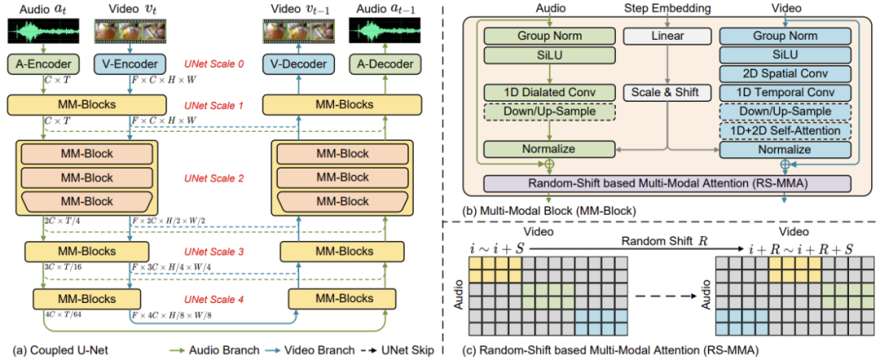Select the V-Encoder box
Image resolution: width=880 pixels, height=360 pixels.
pos(130,64)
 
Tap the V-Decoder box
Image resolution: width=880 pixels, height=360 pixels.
pos(298,64)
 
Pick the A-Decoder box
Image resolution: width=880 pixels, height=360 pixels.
pos(385,64)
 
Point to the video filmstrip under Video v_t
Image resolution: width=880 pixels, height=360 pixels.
pos(130,32)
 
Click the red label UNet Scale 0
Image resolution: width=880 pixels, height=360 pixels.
pos(213,64)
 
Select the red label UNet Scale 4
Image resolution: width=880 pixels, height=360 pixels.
pos(213,298)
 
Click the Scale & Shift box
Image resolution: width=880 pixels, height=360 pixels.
pos(667,92)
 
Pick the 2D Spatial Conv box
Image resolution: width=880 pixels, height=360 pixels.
pos(785,73)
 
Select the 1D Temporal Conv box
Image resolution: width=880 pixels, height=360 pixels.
pos(785,92)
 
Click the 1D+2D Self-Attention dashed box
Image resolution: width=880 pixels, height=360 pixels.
pos(785,130)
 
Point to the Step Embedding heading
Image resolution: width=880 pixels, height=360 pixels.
pos(667,9)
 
